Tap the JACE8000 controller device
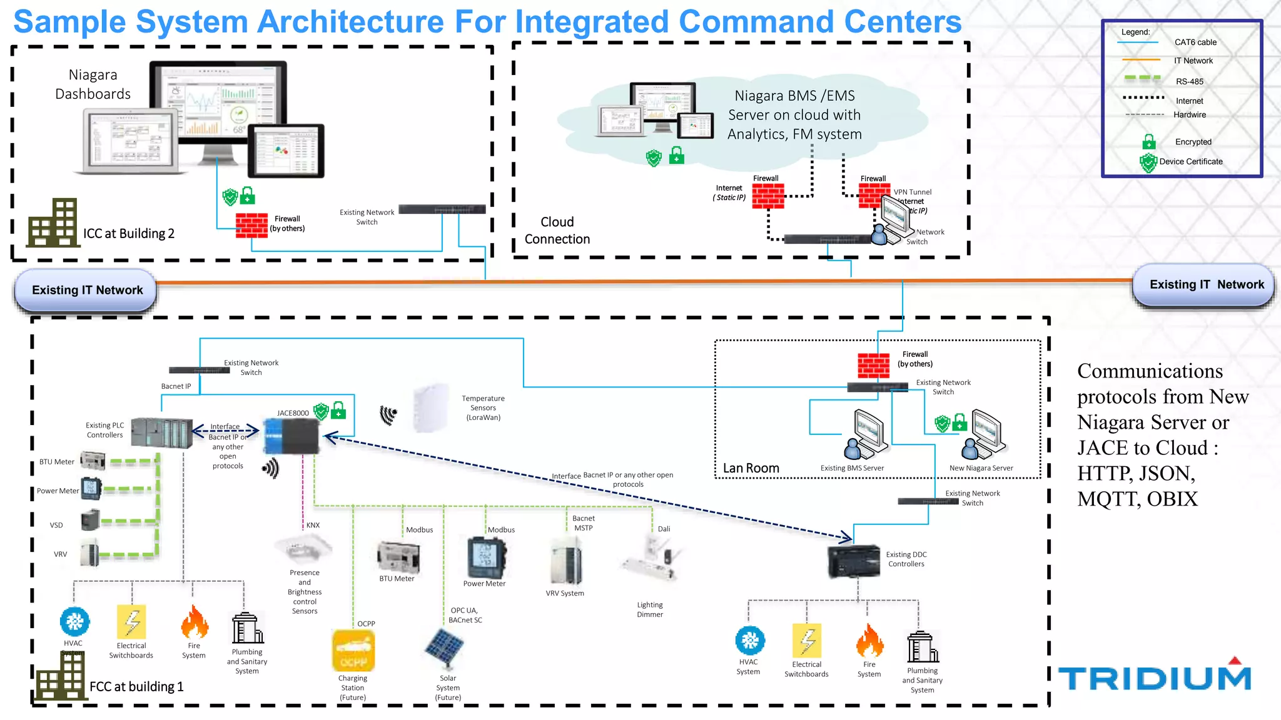(x=291, y=436)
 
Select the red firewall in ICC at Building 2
(x=251, y=226)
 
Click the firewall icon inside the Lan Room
(x=873, y=366)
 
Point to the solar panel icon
(x=444, y=649)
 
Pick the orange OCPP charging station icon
(x=353, y=650)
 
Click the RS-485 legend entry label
(x=1189, y=81)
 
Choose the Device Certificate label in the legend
(x=1190, y=161)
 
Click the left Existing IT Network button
(x=86, y=290)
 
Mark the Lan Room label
(x=751, y=468)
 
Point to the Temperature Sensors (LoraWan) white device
(x=431, y=408)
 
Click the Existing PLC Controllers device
(x=162, y=432)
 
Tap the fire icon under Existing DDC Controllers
(x=869, y=641)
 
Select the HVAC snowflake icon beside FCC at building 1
(x=74, y=621)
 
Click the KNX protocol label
(x=313, y=525)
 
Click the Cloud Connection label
(x=557, y=231)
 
